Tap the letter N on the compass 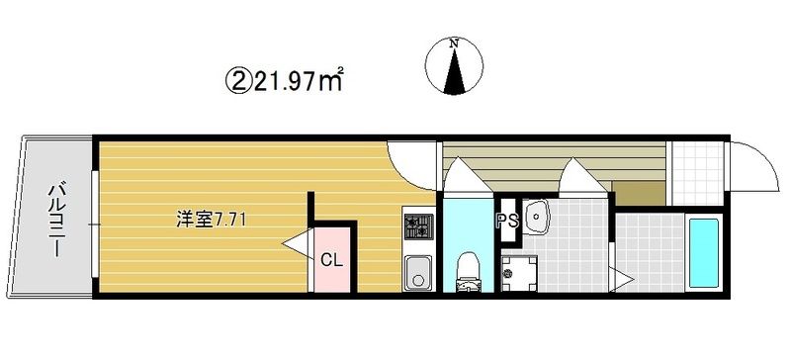coord(455,44)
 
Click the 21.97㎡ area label coord(299,80)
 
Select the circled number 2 coord(238,80)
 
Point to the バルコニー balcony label coord(55,221)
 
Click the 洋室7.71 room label coord(211,221)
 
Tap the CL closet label coord(332,260)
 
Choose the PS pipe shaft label coord(508,222)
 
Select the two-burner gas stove coord(418,225)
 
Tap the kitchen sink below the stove coord(418,272)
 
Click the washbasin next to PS coord(537,218)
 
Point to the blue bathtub coord(704,253)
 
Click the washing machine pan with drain coord(520,273)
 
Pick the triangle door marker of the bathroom coord(622,279)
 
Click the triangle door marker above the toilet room coord(467,175)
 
